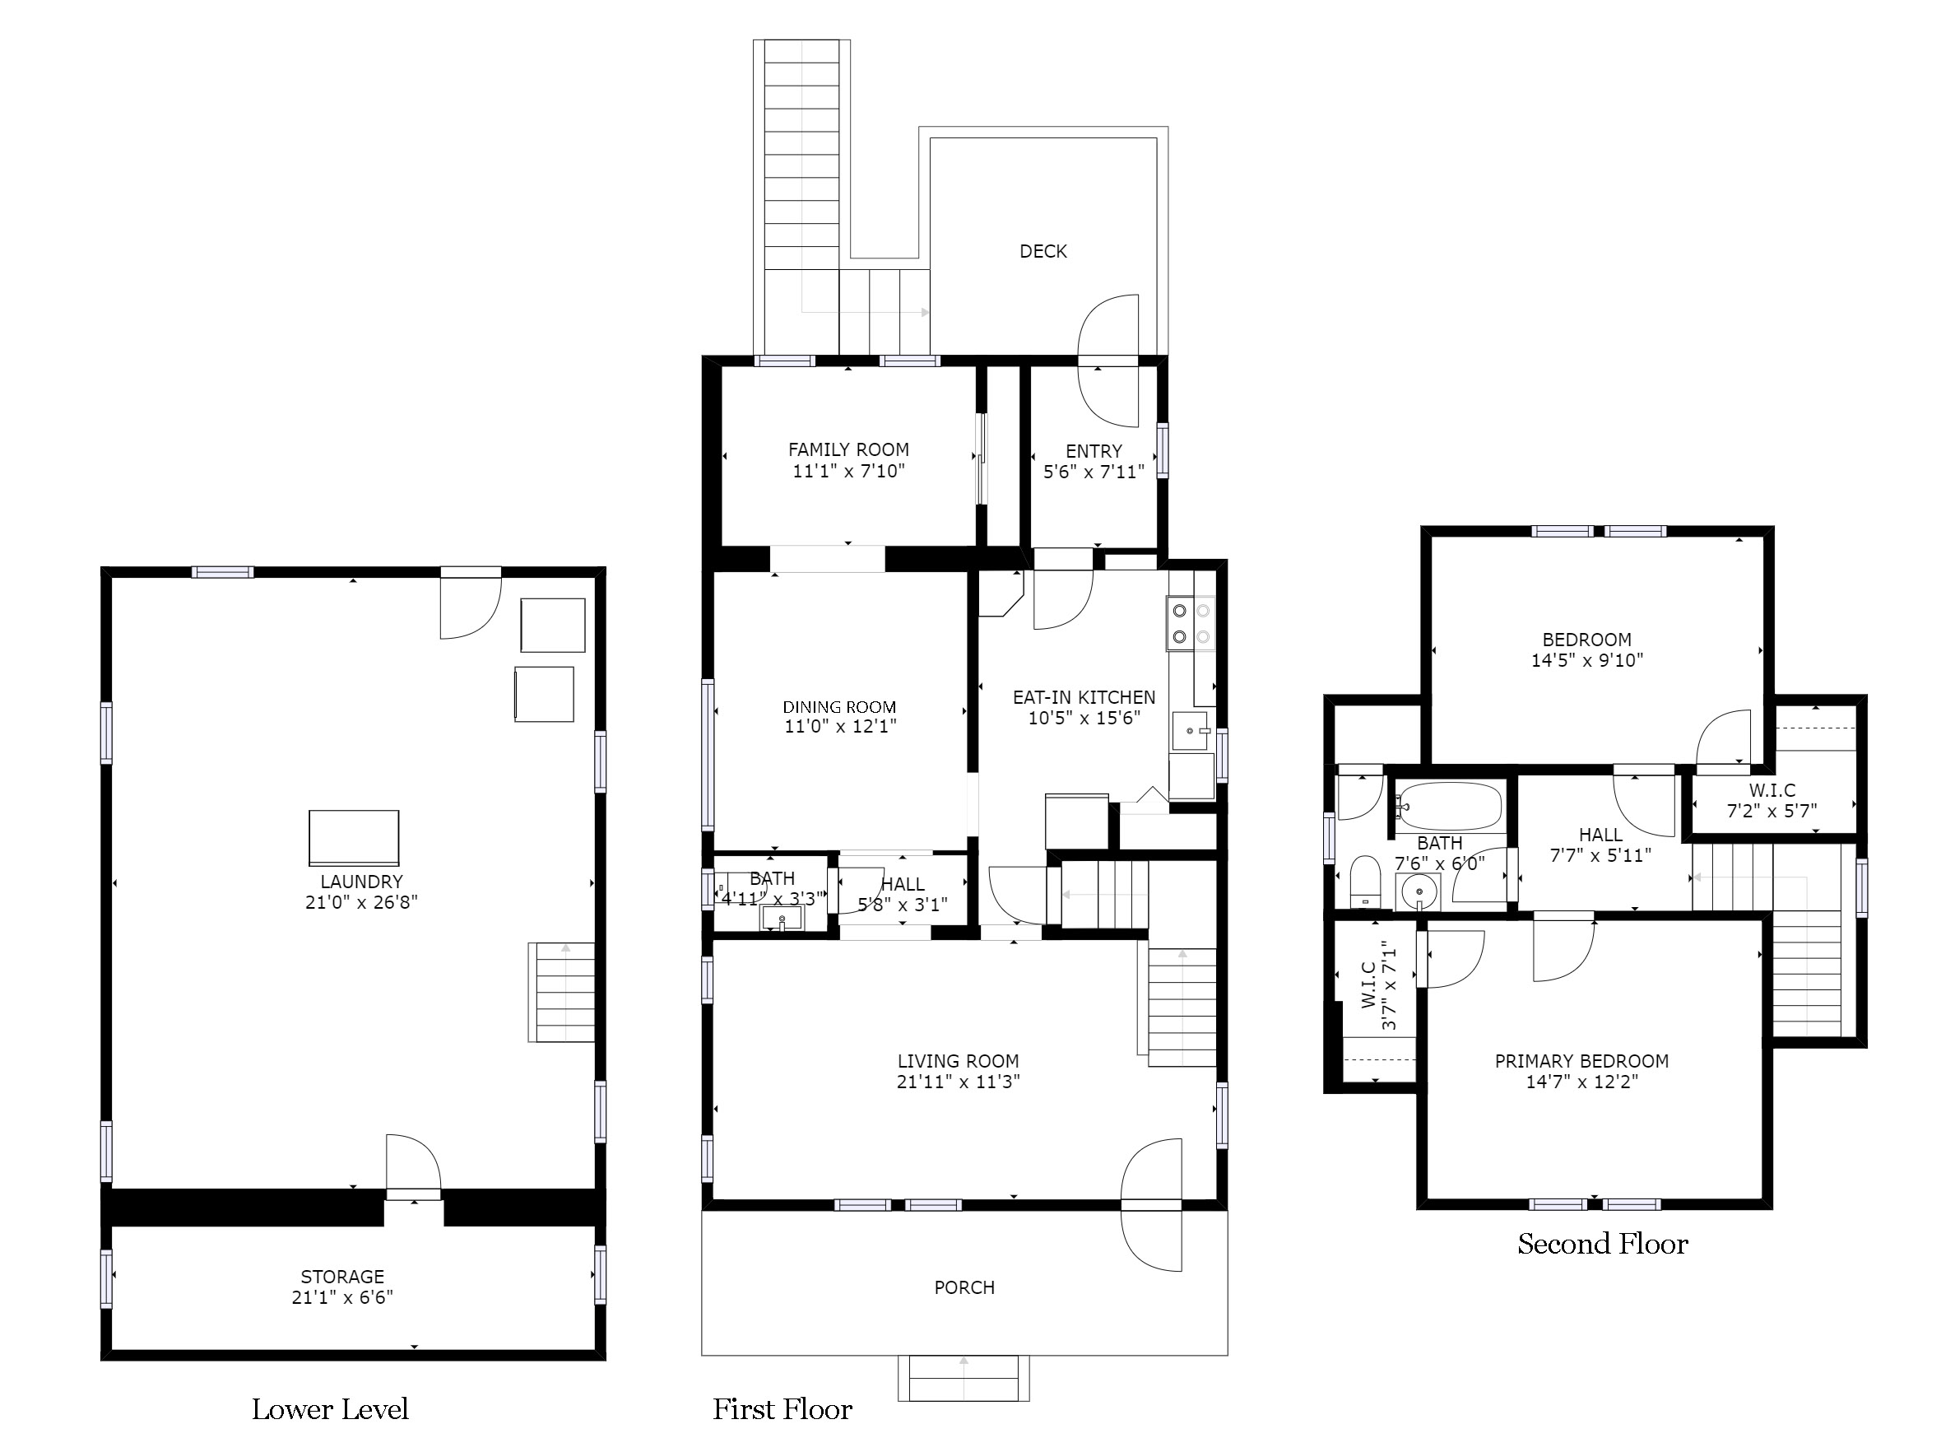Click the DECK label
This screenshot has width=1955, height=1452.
click(x=1043, y=251)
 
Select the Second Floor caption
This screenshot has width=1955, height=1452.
click(x=1603, y=1244)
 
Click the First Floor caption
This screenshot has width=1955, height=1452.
click(x=782, y=1409)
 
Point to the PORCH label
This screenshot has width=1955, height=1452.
click(x=964, y=1287)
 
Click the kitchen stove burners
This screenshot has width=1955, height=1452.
click(x=1191, y=623)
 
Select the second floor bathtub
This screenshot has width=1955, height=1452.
click(x=1449, y=806)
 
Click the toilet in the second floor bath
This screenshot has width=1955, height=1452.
click(x=1365, y=881)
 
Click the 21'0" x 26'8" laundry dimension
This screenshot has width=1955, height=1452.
click(x=361, y=902)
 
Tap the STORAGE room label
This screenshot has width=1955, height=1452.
click(x=342, y=1276)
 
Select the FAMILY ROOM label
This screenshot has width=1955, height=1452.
click(x=849, y=449)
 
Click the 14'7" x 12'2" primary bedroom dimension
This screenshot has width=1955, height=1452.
click(x=1581, y=1081)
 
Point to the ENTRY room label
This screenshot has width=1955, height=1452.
click(x=1094, y=451)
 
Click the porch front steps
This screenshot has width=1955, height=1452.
click(x=964, y=1377)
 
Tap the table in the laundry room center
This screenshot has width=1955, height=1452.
click(x=354, y=838)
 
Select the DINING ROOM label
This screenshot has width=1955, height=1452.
click(x=840, y=707)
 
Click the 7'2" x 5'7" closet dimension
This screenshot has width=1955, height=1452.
click(x=1772, y=811)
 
